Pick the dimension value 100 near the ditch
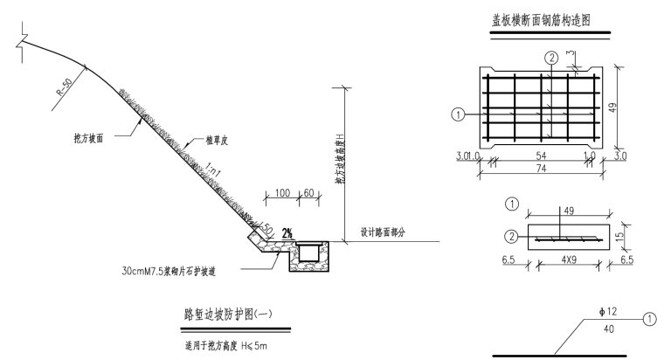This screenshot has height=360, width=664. [282, 191]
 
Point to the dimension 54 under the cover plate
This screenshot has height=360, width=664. [540, 156]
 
